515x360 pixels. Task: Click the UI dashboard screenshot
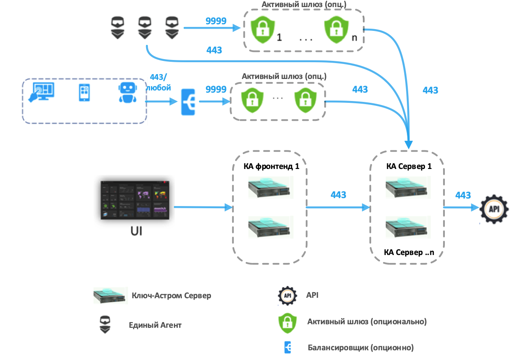point(135,199)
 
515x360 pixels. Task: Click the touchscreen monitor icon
point(41,92)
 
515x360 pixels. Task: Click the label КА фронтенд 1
point(269,167)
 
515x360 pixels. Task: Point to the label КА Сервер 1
point(409,167)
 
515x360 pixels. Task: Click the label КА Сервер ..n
point(409,252)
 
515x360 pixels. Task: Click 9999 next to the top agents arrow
point(216,21)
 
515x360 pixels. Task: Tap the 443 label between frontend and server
point(338,195)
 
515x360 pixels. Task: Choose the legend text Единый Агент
point(155,325)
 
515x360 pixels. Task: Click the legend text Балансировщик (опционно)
point(361,347)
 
